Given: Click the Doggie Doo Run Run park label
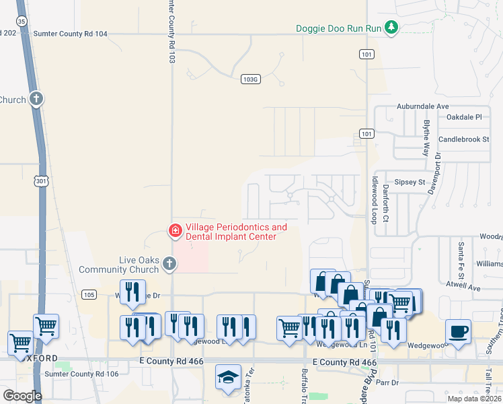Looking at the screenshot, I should tap(339, 28).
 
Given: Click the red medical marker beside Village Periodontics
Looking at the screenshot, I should tap(175, 231).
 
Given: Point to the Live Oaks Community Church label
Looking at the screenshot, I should tap(117, 265).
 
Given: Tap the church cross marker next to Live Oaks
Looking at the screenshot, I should tap(169, 265).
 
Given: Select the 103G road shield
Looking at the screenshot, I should tap(250, 79).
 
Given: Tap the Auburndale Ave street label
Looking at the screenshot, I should tap(422, 106).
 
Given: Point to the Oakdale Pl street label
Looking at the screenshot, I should tap(465, 116).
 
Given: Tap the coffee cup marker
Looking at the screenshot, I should tap(458, 331).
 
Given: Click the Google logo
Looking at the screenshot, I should tap(22, 396).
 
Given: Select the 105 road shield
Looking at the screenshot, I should tap(89, 294).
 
